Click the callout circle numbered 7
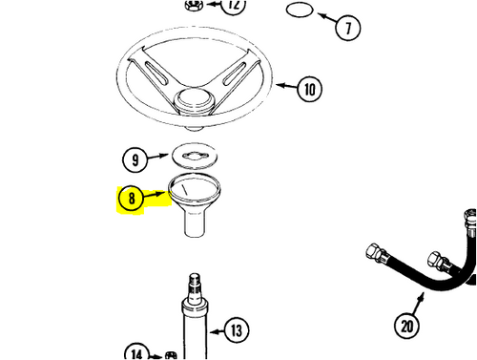click(348, 28)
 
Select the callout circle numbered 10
click(309, 89)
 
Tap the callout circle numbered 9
click(135, 159)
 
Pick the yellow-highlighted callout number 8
click(131, 199)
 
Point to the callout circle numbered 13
click(237, 330)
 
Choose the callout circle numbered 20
click(406, 327)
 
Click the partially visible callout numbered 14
click(136, 351)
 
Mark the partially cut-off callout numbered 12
click(234, 6)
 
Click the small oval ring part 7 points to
click(300, 10)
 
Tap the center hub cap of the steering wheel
click(194, 98)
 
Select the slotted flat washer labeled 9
click(195, 156)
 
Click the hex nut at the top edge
click(194, 5)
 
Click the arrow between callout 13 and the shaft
click(217, 332)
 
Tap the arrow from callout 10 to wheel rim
click(286, 85)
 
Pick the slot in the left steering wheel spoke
click(156, 73)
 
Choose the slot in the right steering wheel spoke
click(234, 74)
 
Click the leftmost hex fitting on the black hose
click(375, 252)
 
